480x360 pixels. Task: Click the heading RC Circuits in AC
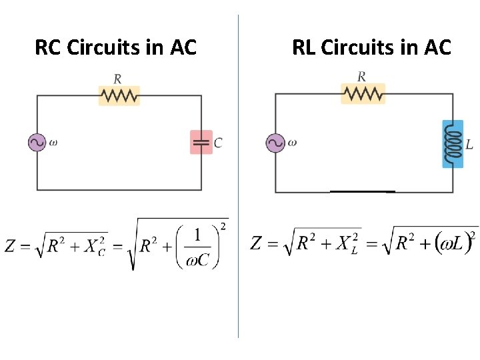click(x=115, y=48)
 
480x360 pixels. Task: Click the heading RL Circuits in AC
click(x=371, y=48)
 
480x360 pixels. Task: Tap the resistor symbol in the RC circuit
click(x=119, y=95)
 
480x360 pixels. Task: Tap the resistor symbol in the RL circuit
click(x=363, y=93)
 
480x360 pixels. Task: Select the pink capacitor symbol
click(x=201, y=142)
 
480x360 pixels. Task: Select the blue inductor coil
click(x=453, y=143)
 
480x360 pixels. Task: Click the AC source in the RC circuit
click(x=37, y=142)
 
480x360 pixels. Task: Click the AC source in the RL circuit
click(x=275, y=143)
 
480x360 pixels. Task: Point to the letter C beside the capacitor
click(x=218, y=143)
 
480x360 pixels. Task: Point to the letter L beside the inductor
click(x=469, y=145)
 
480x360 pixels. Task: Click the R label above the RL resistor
click(x=361, y=77)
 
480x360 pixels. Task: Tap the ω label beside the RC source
click(x=53, y=142)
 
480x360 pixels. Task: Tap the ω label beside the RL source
click(x=292, y=142)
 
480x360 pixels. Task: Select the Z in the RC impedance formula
click(x=11, y=246)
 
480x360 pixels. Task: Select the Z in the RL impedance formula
click(x=257, y=243)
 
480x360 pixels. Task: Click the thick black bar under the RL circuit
click(x=363, y=192)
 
